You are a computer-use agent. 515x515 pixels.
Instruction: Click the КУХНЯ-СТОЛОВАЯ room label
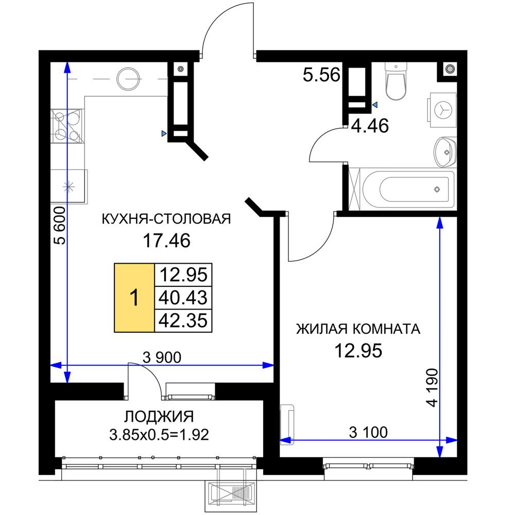pyautogui.click(x=166, y=219)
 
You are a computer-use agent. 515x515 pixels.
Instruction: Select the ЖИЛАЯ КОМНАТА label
pyautogui.click(x=358, y=329)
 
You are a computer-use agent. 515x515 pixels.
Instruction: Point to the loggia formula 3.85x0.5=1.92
pyautogui.click(x=159, y=435)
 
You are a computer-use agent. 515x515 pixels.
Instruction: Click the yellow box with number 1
pyautogui.click(x=134, y=298)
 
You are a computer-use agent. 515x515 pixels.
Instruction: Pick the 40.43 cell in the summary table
pyautogui.click(x=184, y=297)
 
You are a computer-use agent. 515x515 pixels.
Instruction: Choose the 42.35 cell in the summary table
pyautogui.click(x=184, y=320)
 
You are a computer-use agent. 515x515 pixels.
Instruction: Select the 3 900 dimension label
pyautogui.click(x=163, y=357)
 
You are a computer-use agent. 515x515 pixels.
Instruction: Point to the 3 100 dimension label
pyautogui.click(x=368, y=432)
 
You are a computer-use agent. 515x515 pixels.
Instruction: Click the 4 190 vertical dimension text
pyautogui.click(x=433, y=388)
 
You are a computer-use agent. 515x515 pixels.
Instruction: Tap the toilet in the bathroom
pyautogui.click(x=396, y=82)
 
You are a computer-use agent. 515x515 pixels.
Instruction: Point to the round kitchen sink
pyautogui.click(x=129, y=79)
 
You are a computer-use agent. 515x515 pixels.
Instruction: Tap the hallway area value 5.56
pyautogui.click(x=321, y=76)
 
